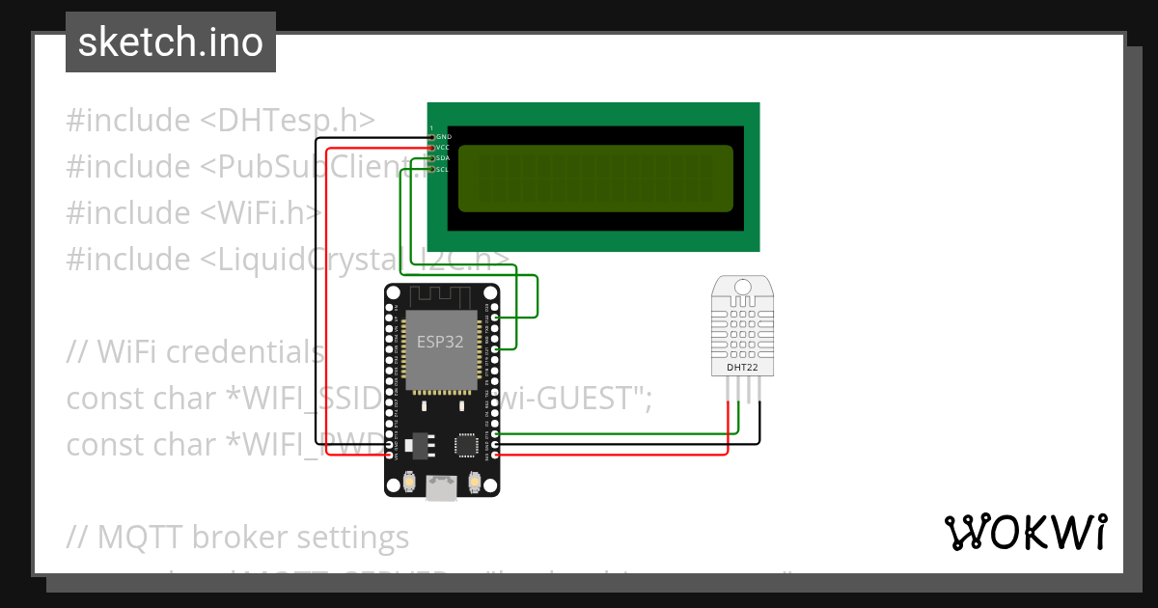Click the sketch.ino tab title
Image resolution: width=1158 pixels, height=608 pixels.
click(x=171, y=42)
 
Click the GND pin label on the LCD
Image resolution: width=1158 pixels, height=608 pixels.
click(x=444, y=137)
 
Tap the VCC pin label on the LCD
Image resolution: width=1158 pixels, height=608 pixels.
click(x=444, y=148)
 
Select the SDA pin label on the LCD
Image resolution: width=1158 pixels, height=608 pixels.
click(x=444, y=158)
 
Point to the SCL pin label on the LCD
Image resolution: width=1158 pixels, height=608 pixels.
click(x=443, y=170)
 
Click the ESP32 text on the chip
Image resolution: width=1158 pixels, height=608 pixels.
click(x=440, y=342)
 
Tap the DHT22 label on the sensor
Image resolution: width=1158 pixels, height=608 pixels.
click(x=742, y=368)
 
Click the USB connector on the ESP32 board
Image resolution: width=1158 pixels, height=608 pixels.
click(x=443, y=489)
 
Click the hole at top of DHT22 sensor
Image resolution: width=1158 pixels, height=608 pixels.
click(x=742, y=287)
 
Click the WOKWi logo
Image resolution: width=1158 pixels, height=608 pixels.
click(x=1025, y=532)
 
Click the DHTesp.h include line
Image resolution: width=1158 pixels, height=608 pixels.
click(x=220, y=121)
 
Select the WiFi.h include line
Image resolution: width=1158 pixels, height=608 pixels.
click(x=193, y=213)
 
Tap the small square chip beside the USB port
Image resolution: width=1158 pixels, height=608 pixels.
click(x=467, y=445)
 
